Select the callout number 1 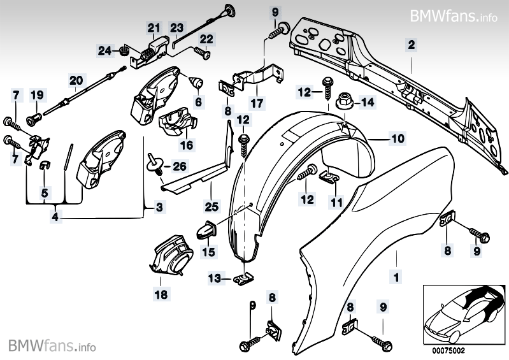396,278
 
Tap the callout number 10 397,138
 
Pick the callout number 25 211,205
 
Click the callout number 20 76,80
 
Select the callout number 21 153,27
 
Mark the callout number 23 176,27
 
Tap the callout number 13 217,278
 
